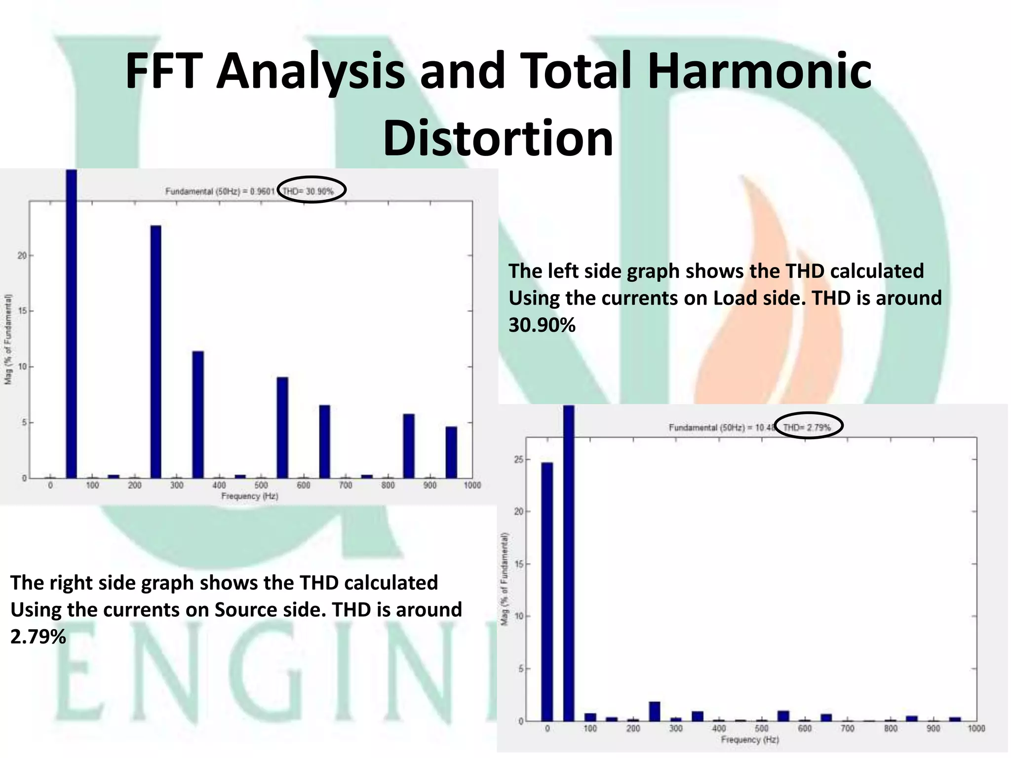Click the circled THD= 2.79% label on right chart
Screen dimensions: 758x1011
pyautogui.click(x=807, y=427)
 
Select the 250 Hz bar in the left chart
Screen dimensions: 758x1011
pyautogui.click(x=156, y=351)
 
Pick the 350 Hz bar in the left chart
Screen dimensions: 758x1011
pyautogui.click(x=198, y=415)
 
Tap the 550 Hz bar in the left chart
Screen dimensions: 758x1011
pyautogui.click(x=282, y=427)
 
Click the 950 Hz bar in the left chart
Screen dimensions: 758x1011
pyautogui.click(x=451, y=452)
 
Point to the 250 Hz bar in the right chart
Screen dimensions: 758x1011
pyautogui.click(x=655, y=711)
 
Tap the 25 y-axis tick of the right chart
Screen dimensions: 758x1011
pyautogui.click(x=518, y=459)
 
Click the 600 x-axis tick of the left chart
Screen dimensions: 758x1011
pyautogui.click(x=303, y=486)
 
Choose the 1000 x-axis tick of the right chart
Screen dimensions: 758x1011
pyautogui.click(x=976, y=728)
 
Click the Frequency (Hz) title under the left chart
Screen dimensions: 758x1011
pyautogui.click(x=249, y=496)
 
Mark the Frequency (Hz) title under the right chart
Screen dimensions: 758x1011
pyautogui.click(x=749, y=739)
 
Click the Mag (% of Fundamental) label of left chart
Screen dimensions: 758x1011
pyautogui.click(x=8, y=339)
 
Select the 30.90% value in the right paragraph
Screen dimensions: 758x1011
pyautogui.click(x=542, y=325)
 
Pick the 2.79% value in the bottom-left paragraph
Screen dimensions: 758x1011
pyautogui.click(x=38, y=637)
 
